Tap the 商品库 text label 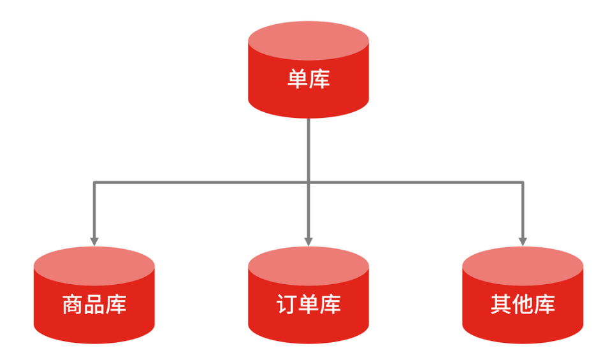pos(94,305)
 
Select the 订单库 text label pos(309,305)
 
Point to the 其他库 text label pos(523,305)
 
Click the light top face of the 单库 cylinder pos(309,38)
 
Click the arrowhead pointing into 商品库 pos(94,241)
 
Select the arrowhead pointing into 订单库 pos(309,241)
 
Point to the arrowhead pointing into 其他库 pos(523,241)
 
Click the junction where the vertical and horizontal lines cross pos(309,183)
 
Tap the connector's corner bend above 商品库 pos(94,183)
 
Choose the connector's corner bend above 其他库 pos(523,183)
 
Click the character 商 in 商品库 pos(73,305)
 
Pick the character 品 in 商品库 pos(94,305)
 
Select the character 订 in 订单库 pos(287,305)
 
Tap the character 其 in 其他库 pos(501,305)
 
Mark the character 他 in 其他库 pos(523,305)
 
